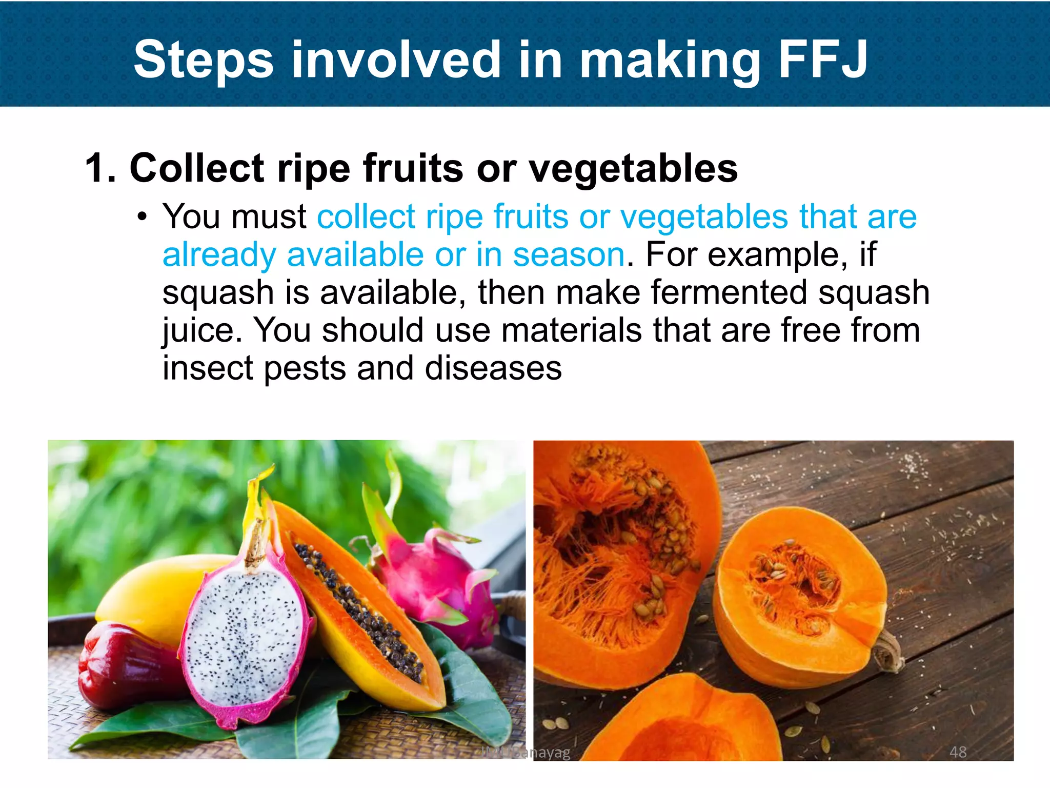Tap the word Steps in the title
(x=204, y=61)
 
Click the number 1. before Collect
(x=100, y=168)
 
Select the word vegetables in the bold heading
(x=633, y=168)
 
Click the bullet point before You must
(x=142, y=218)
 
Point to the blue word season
(x=569, y=254)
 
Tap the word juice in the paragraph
(x=201, y=330)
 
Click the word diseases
(x=493, y=368)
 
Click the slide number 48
(x=958, y=752)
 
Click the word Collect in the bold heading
(x=197, y=168)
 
